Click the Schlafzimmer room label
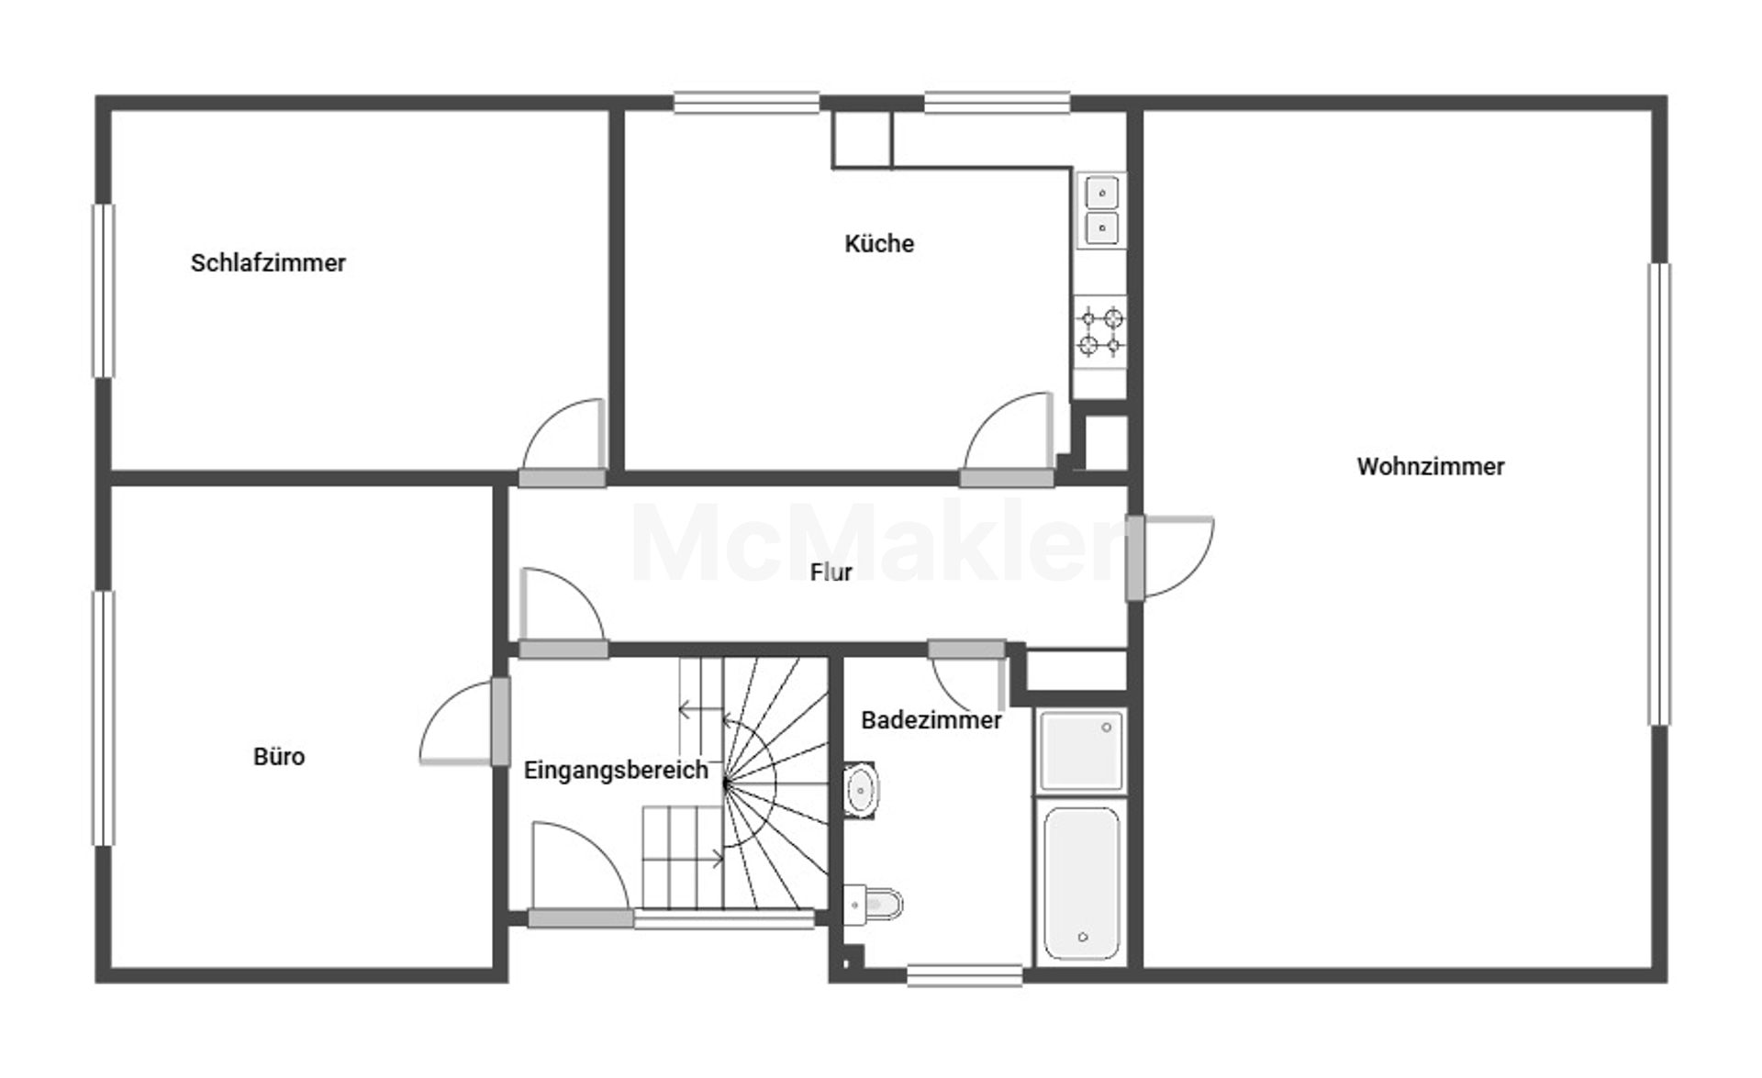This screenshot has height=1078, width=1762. pyautogui.click(x=268, y=263)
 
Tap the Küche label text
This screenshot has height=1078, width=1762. pyautogui.click(x=879, y=243)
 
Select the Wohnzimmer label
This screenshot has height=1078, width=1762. pyautogui.click(x=1431, y=466)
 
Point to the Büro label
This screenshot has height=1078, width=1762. pyautogui.click(x=279, y=756)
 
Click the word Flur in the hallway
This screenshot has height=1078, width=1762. pyautogui.click(x=831, y=572)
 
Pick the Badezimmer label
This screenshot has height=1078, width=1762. pyautogui.click(x=931, y=720)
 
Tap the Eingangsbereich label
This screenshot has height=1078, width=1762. pyautogui.click(x=616, y=770)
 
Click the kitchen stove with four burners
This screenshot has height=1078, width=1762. pyautogui.click(x=1100, y=331)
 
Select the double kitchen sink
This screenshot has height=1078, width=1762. pyautogui.click(x=1101, y=210)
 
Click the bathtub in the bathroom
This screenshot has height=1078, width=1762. pyautogui.click(x=1082, y=883)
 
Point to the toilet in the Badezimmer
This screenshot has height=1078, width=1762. pyautogui.click(x=873, y=906)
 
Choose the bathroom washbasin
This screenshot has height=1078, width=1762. pyautogui.click(x=860, y=789)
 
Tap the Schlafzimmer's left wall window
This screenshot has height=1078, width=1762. pyautogui.click(x=104, y=291)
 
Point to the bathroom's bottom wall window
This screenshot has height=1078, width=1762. pyautogui.click(x=965, y=975)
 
